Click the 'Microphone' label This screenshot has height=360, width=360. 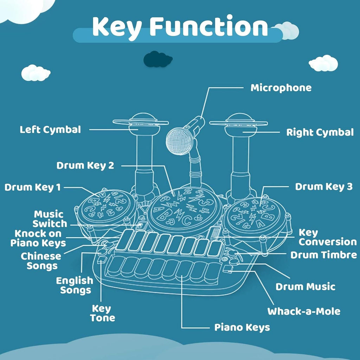(281, 88)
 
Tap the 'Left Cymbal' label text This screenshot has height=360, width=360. (50, 129)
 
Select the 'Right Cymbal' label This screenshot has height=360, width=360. (320, 133)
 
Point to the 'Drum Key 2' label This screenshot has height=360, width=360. (85, 165)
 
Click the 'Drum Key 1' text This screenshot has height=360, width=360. (32, 187)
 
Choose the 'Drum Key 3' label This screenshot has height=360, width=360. (323, 187)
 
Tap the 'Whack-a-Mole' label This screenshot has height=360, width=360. (304, 311)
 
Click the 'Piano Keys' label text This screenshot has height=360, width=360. (242, 327)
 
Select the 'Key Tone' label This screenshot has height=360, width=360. (102, 313)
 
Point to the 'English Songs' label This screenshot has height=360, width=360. (75, 285)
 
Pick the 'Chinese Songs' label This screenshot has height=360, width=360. (41, 261)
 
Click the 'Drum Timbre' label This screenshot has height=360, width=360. (323, 255)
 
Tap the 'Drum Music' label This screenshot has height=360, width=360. (305, 287)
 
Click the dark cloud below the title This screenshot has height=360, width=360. (157, 59)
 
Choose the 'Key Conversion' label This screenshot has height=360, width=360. (327, 237)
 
